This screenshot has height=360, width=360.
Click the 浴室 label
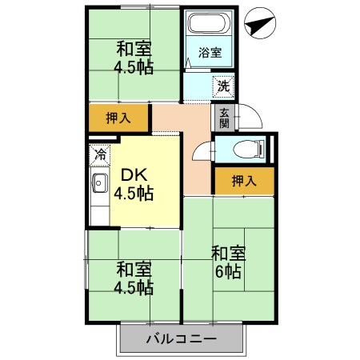click(x=210, y=53)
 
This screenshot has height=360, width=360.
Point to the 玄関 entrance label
click(x=223, y=118)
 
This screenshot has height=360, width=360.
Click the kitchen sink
click(x=99, y=185)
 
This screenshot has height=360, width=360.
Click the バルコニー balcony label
click(x=180, y=339)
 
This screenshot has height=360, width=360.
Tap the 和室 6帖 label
click(x=228, y=262)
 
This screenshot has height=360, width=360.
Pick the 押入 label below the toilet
click(x=244, y=181)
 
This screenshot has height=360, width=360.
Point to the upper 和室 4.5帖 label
click(x=134, y=57)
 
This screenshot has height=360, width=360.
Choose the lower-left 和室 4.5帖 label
click(x=134, y=277)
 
